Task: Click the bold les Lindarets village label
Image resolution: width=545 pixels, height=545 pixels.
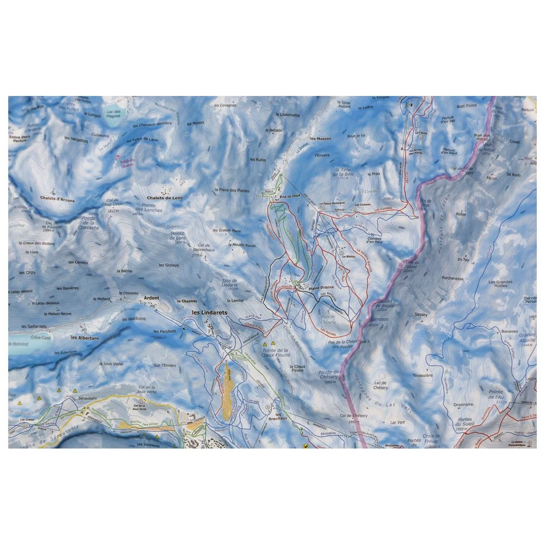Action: point(209,313)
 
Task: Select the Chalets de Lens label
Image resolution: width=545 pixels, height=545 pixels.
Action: point(165,198)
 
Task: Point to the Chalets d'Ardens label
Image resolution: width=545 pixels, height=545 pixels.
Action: point(57,200)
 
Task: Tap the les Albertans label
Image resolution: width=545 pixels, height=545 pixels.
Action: point(85,338)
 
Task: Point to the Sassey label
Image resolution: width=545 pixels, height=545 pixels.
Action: point(421,314)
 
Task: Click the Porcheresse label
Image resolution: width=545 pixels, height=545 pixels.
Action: point(453,278)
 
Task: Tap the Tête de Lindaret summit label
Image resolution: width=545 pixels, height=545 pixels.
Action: point(231,283)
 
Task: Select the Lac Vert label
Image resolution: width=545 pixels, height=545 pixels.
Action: point(397,422)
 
